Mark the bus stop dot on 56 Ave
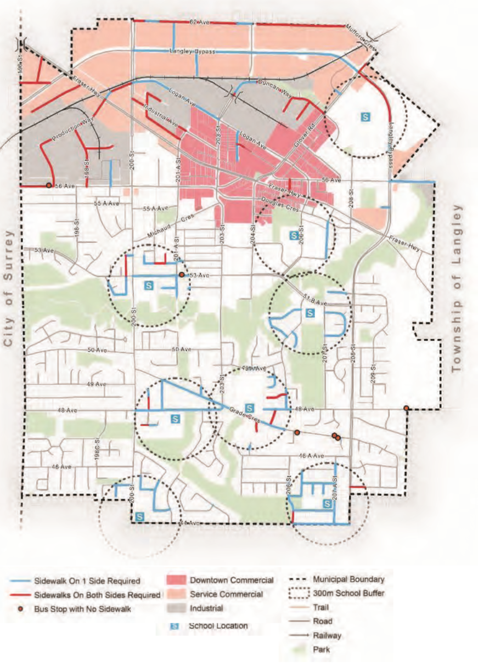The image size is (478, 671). [49, 185]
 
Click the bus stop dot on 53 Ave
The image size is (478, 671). [181, 275]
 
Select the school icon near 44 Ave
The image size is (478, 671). [139, 517]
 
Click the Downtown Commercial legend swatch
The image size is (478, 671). [176, 580]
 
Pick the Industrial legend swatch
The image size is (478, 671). [176, 608]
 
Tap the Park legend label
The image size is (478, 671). [321, 650]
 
